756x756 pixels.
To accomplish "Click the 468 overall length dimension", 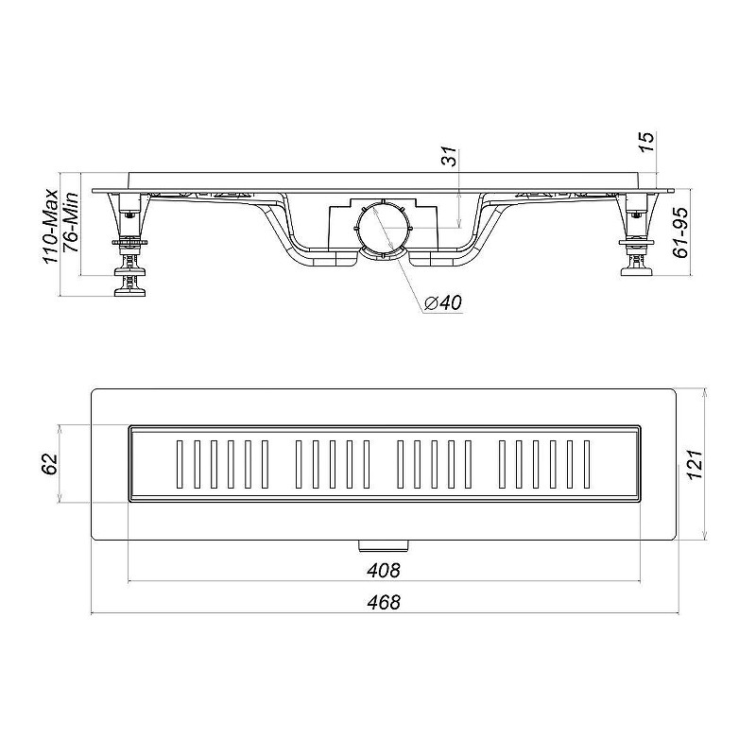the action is point(384,602).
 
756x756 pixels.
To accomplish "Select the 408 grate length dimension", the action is point(384,571).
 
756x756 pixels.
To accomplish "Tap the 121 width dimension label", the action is point(695,464).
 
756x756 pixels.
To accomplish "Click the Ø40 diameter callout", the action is point(443,302).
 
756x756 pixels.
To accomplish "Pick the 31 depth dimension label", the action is point(449,156).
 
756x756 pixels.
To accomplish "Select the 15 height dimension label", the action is point(648,142).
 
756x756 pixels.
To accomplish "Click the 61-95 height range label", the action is point(680,232).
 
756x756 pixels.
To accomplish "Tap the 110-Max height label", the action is point(51,227).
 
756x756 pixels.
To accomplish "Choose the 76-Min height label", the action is point(71,222).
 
